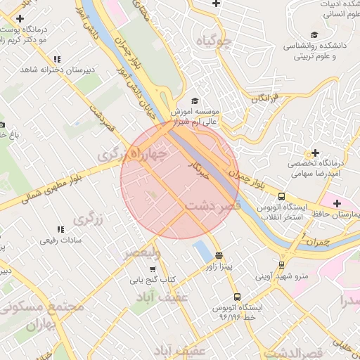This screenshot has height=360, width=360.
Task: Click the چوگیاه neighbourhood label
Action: click(x=214, y=41)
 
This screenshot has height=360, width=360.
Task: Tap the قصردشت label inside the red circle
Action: click(x=214, y=205)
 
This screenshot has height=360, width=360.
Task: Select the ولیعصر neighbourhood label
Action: click(x=143, y=252)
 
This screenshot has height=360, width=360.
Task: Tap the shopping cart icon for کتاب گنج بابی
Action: click(x=152, y=269)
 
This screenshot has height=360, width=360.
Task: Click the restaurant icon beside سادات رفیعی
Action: click(x=60, y=229)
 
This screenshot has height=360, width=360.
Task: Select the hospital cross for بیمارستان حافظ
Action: click(x=337, y=203)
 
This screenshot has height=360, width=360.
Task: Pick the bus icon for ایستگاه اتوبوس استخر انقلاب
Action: click(x=281, y=197)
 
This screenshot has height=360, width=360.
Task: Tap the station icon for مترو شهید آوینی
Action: click(x=281, y=265)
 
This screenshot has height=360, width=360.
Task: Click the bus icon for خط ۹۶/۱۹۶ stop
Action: click(x=236, y=297)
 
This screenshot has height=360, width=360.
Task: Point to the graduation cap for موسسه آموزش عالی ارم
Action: click(x=194, y=101)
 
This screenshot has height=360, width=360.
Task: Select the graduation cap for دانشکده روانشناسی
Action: click(x=314, y=35)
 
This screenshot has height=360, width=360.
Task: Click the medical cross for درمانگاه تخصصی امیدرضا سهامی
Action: click(x=314, y=153)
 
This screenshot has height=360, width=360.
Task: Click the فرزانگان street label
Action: click(x=265, y=97)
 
